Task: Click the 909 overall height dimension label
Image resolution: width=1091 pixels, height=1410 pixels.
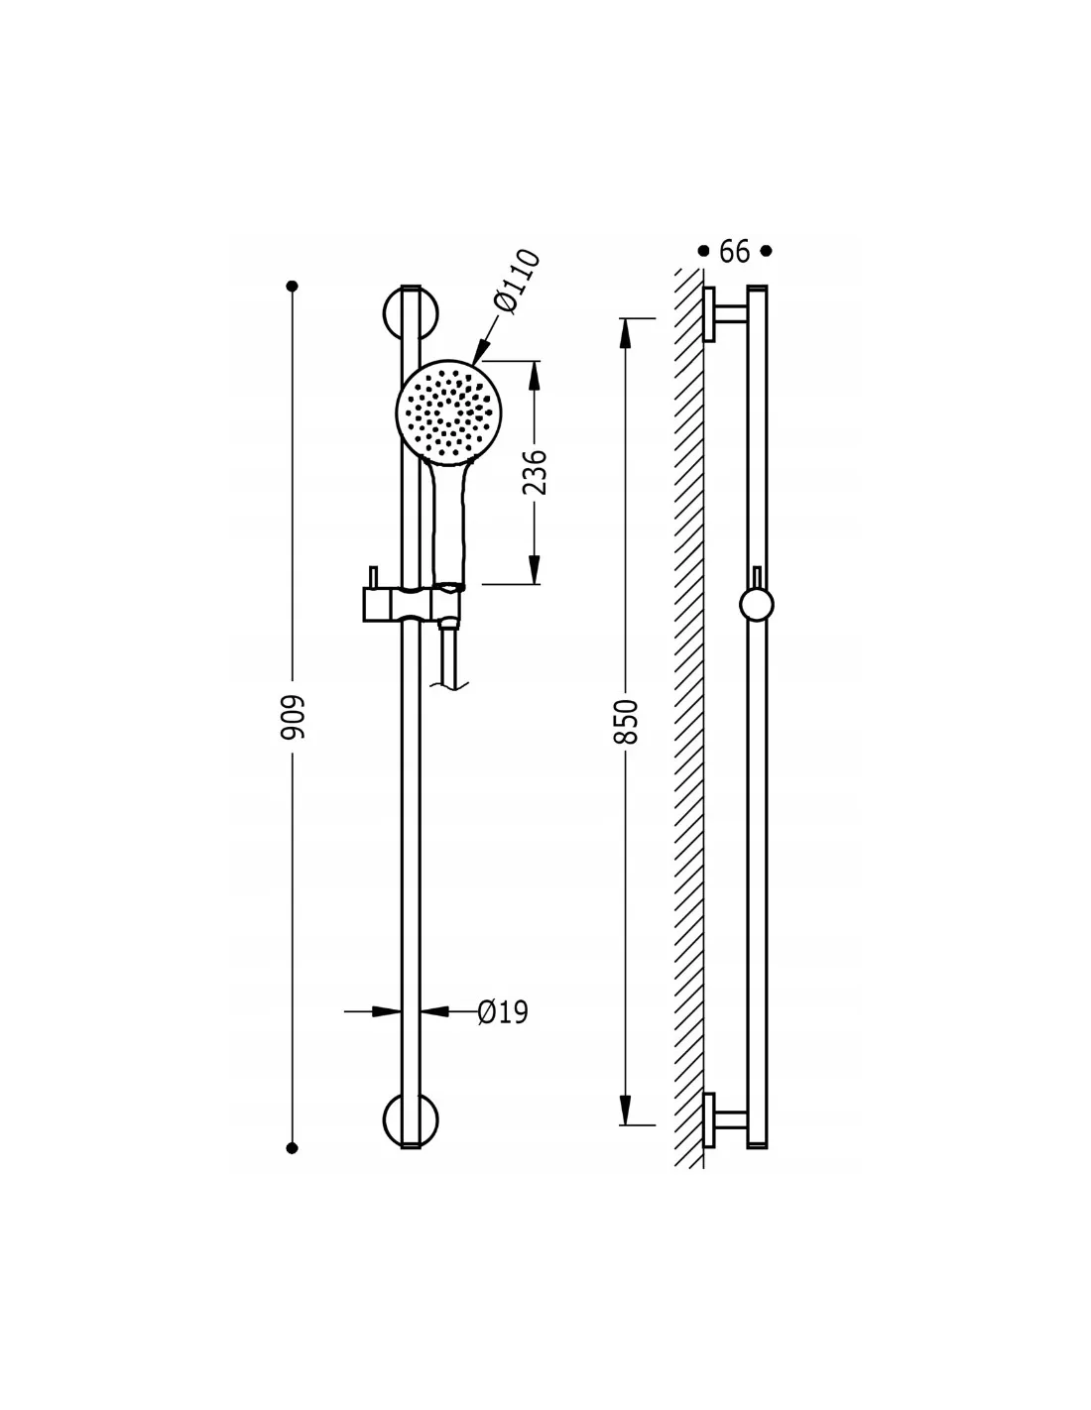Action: (x=292, y=718)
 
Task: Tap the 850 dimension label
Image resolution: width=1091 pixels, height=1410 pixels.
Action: (x=626, y=722)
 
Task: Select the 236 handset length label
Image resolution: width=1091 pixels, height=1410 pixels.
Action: (x=535, y=472)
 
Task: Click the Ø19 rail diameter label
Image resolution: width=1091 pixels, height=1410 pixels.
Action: (x=503, y=1012)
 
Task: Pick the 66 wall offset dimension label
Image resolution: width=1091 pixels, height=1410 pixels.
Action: (x=734, y=251)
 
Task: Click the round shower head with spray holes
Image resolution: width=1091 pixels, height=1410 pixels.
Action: (x=448, y=412)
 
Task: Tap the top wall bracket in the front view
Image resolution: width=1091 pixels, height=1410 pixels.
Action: (x=411, y=313)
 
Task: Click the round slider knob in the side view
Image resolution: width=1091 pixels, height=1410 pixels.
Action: (x=756, y=605)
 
